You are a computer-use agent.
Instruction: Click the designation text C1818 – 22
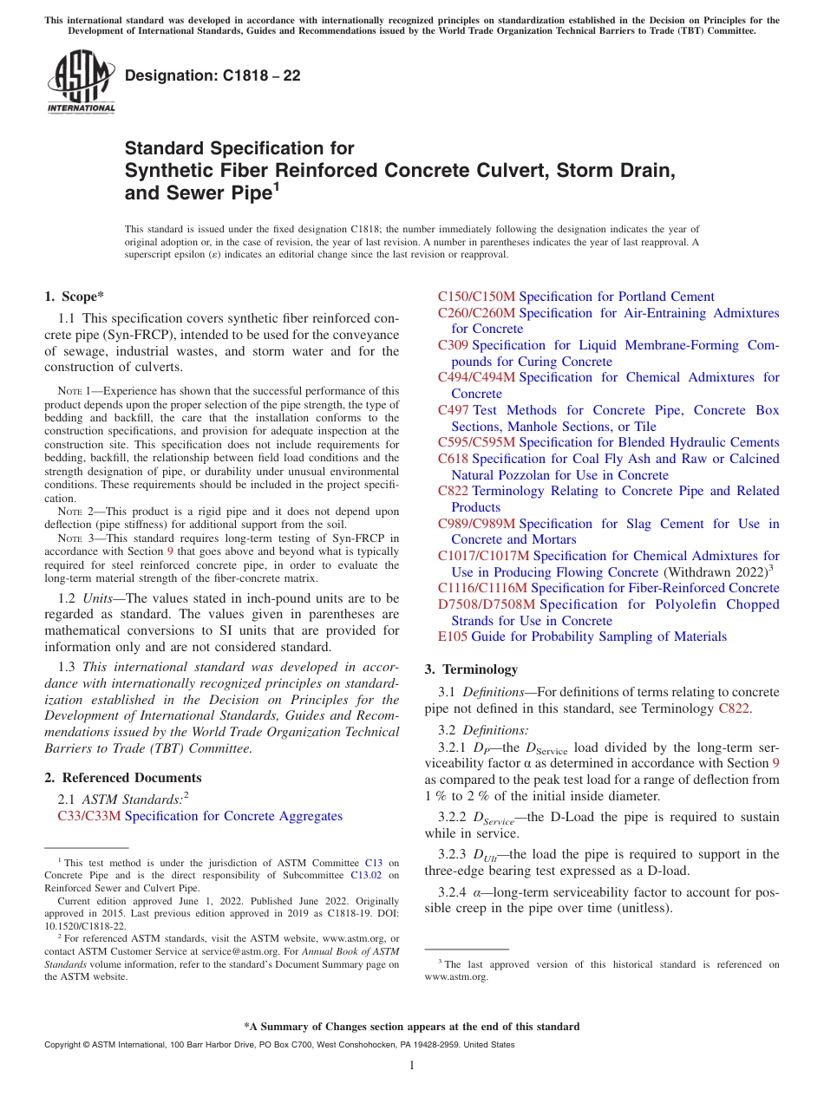pyautogui.click(x=213, y=75)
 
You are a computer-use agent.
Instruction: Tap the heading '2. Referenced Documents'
pyautogui.click(x=122, y=778)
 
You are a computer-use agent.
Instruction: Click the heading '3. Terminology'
pyautogui.click(x=471, y=669)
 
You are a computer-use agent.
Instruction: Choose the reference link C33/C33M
pyautogui.click(x=89, y=816)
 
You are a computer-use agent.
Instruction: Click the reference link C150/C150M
pyautogui.click(x=476, y=297)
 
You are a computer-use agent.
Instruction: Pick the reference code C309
pyautogui.click(x=453, y=345)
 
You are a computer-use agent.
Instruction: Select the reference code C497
pyautogui.click(x=453, y=410)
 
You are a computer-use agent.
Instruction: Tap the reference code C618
pyautogui.click(x=453, y=459)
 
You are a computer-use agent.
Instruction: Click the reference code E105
pyautogui.click(x=452, y=636)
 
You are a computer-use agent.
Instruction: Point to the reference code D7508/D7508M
pyautogui.click(x=487, y=604)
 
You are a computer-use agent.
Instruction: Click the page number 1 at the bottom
pyautogui.click(x=412, y=1066)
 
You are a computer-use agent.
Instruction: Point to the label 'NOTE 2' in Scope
pyautogui.click(x=73, y=512)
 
